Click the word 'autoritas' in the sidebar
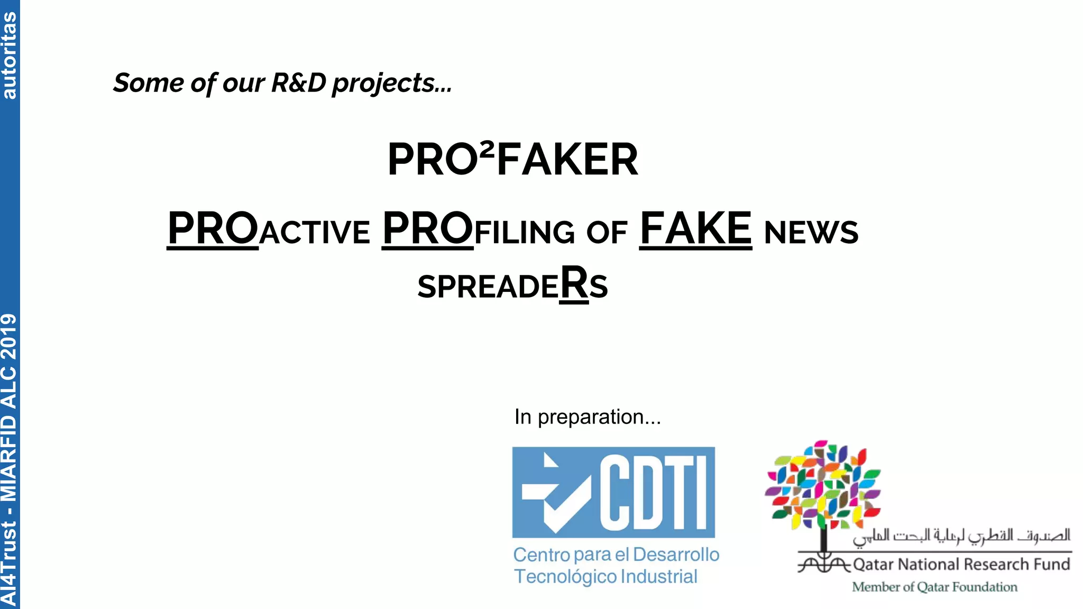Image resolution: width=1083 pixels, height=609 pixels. pos(10,56)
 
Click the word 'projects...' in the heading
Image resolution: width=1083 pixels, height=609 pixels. pos(392,84)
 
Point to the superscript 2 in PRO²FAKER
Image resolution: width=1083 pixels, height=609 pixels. pos(487,150)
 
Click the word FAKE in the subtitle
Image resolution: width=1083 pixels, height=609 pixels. pos(695,229)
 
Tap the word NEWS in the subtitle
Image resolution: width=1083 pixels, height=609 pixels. pos(811,233)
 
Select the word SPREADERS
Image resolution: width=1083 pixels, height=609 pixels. pos(512,285)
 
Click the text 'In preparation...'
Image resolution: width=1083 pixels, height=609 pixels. pos(588,417)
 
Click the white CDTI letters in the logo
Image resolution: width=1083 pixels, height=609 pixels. pos(656,493)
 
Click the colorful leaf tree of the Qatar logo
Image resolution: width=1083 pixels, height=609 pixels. pos(822,485)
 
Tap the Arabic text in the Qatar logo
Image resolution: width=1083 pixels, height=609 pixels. pos(961,536)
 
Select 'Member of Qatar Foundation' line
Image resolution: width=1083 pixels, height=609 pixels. pos(934,587)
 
